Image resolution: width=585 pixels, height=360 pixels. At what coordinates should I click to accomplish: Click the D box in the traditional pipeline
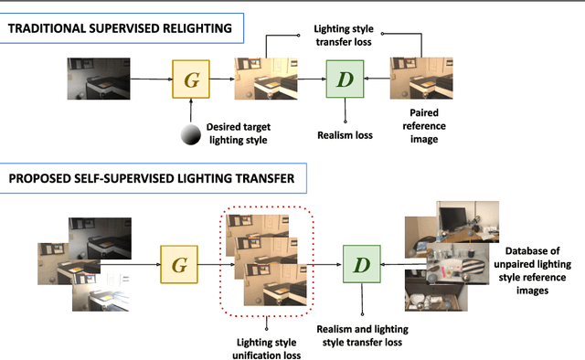tap(345, 79)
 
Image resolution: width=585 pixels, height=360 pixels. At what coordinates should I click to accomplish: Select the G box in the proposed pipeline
tap(179, 264)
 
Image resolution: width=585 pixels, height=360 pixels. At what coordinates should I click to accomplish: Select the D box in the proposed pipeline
tap(361, 264)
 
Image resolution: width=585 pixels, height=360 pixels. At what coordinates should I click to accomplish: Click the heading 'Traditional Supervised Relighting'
tap(122, 29)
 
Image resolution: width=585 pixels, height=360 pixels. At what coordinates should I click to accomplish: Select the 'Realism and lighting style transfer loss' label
tap(362, 334)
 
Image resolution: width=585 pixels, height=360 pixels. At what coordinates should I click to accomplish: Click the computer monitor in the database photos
tap(454, 219)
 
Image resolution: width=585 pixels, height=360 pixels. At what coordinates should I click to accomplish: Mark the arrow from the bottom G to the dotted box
tap(212, 264)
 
